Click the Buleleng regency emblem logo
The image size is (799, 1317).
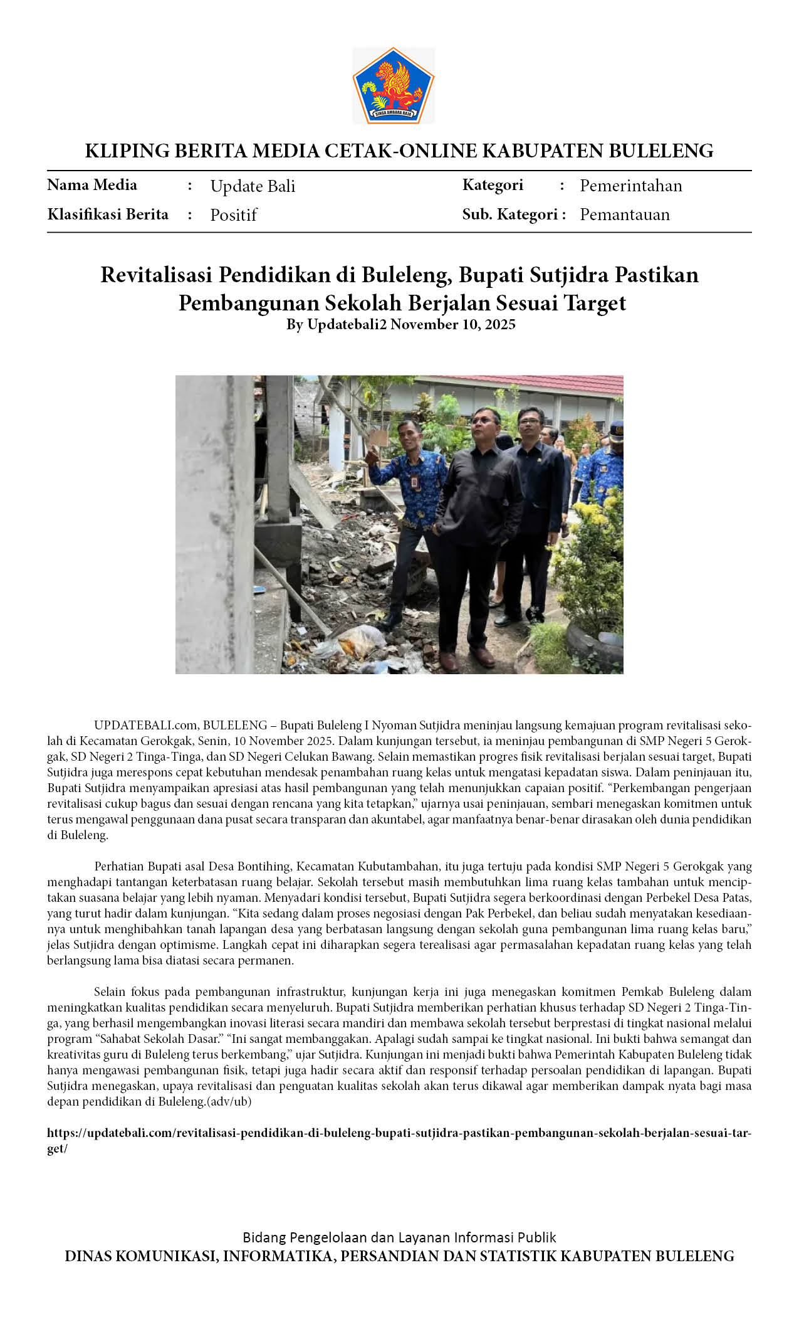pos(393,85)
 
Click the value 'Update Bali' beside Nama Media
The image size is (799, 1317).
pos(253,186)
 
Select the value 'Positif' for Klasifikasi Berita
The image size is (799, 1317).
pos(233,215)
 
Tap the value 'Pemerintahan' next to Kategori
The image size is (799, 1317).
pos(630,186)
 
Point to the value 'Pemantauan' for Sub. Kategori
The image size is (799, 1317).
pos(624,214)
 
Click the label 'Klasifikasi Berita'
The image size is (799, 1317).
pos(108,214)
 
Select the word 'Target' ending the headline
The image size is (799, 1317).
pos(595,303)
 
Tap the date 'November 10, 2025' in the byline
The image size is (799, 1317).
pos(452,324)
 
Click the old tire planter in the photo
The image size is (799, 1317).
pos(592,646)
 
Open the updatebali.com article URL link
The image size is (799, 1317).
pos(399,1133)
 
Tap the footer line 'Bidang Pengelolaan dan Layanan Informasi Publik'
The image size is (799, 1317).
pos(399,1237)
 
